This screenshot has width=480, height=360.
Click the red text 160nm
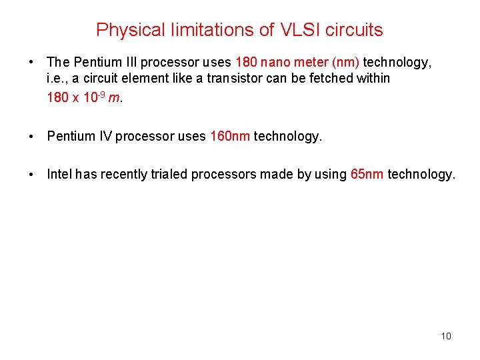[x=230, y=137]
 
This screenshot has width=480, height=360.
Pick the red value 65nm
[x=367, y=175]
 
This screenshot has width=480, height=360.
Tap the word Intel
[x=59, y=175]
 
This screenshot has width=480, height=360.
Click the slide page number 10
[x=446, y=336]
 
